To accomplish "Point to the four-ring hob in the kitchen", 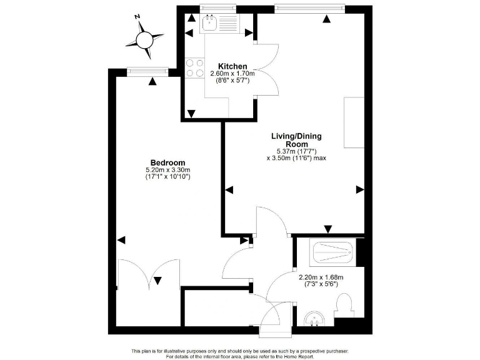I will tap(195, 67).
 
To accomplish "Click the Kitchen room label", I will tap(232, 66).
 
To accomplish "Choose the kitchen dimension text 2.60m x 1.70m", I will tap(232, 74).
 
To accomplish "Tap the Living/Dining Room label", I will tap(296, 140).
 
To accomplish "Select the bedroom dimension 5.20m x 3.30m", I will tap(167, 170).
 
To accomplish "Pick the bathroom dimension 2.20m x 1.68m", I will tap(321, 277).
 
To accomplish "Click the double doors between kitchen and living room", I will tap(267, 70).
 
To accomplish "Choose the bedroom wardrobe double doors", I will tap(149, 275).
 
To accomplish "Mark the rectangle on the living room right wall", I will tap(354, 122).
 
